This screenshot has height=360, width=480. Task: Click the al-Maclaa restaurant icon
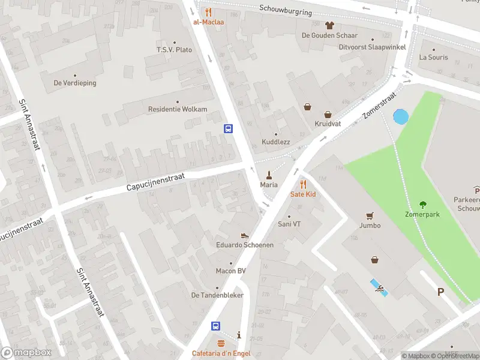pyautogui.click(x=208, y=11)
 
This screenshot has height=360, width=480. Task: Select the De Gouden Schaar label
pyautogui.click(x=329, y=35)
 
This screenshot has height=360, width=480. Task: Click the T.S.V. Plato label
pyautogui.click(x=174, y=50)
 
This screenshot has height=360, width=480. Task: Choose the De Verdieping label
pyautogui.click(x=75, y=83)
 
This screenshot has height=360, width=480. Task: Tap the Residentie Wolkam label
pyautogui.click(x=178, y=109)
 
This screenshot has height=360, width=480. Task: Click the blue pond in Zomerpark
pyautogui.click(x=400, y=116)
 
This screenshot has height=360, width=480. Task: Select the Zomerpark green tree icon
pyautogui.click(x=423, y=204)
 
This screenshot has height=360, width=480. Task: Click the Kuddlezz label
pyautogui.click(x=275, y=142)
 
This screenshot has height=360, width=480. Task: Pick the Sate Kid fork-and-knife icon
pyautogui.click(x=303, y=184)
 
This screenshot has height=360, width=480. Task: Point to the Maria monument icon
pyautogui.click(x=269, y=175)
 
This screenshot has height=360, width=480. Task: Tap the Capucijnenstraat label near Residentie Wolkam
pyautogui.click(x=155, y=183)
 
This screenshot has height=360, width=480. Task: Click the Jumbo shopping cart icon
pyautogui.click(x=370, y=216)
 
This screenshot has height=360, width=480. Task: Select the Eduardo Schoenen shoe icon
pyautogui.click(x=245, y=236)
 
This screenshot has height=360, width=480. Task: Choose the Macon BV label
pyautogui.click(x=231, y=271)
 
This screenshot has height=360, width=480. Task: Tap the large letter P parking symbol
pyautogui.click(x=440, y=292)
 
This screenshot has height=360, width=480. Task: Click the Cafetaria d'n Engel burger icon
pyautogui.click(x=221, y=344)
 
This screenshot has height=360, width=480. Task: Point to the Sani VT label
pyautogui.click(x=289, y=224)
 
